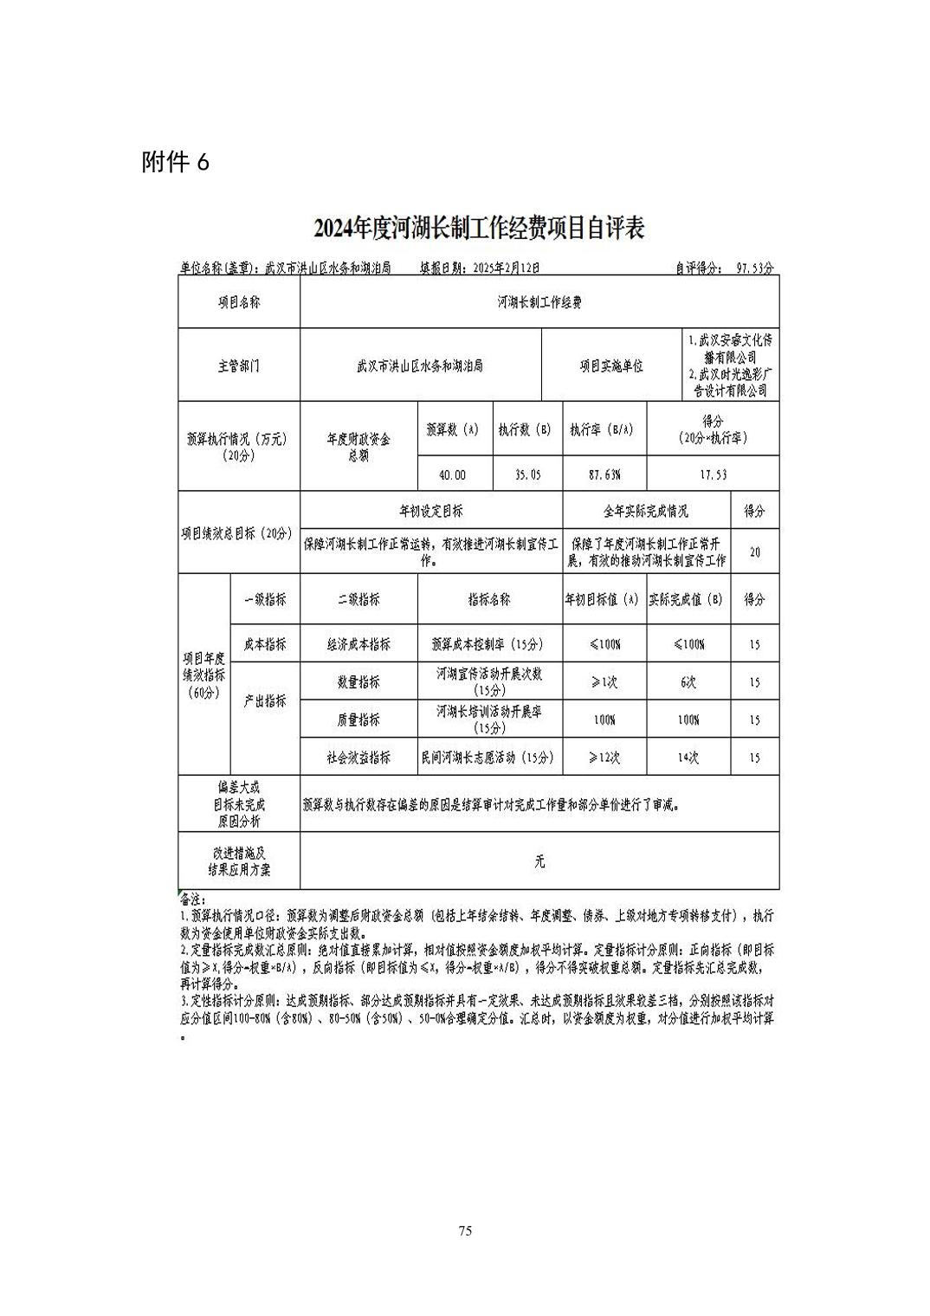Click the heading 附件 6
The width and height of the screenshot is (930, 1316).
(x=175, y=162)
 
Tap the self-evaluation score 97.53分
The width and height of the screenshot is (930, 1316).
(x=754, y=269)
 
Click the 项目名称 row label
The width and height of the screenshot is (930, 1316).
(x=238, y=303)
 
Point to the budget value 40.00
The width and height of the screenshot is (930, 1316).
(x=452, y=475)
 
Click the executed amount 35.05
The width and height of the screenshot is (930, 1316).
(x=526, y=475)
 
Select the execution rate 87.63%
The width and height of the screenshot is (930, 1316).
(x=604, y=475)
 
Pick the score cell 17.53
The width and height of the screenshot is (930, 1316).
(x=713, y=475)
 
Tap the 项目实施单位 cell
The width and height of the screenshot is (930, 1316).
(x=611, y=366)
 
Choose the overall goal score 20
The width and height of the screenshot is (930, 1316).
(x=755, y=552)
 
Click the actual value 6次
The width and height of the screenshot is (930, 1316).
(x=688, y=682)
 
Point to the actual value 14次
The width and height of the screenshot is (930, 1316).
(x=688, y=758)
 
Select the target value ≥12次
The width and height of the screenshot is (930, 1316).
(x=604, y=758)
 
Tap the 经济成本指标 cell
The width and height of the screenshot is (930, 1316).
(x=358, y=645)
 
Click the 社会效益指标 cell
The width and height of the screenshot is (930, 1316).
(x=358, y=758)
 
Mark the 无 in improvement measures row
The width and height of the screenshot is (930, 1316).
(x=539, y=861)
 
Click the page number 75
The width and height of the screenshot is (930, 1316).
(x=465, y=1231)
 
